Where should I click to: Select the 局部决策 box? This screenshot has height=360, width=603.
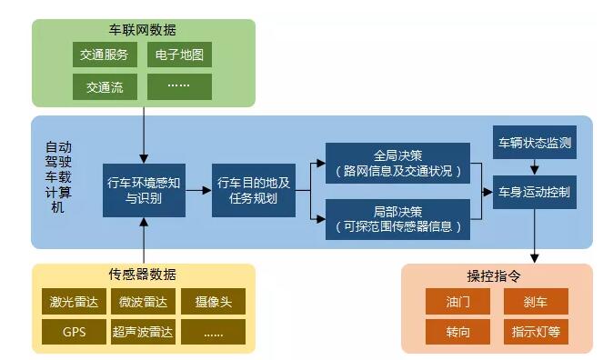tap(397, 218)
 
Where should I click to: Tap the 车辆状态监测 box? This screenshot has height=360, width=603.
tap(535, 144)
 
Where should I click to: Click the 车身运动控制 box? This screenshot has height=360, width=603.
tap(535, 192)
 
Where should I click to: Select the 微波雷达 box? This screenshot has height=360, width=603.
tap(142, 302)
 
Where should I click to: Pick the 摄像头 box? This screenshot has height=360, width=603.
tap(213, 302)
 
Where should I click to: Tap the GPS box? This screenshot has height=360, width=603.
tap(74, 332)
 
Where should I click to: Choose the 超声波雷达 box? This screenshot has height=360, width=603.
tap(142, 332)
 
